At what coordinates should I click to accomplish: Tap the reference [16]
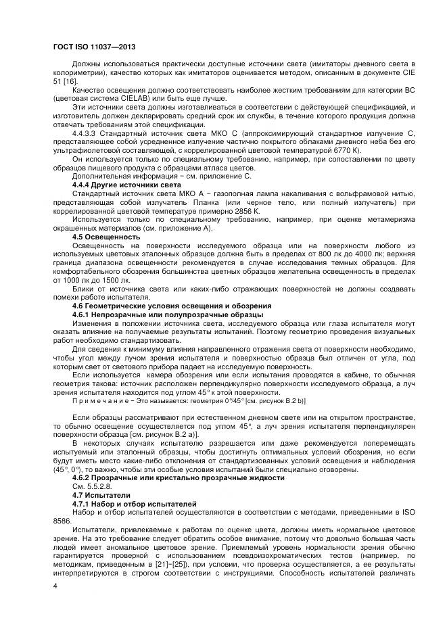[70, 81]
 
